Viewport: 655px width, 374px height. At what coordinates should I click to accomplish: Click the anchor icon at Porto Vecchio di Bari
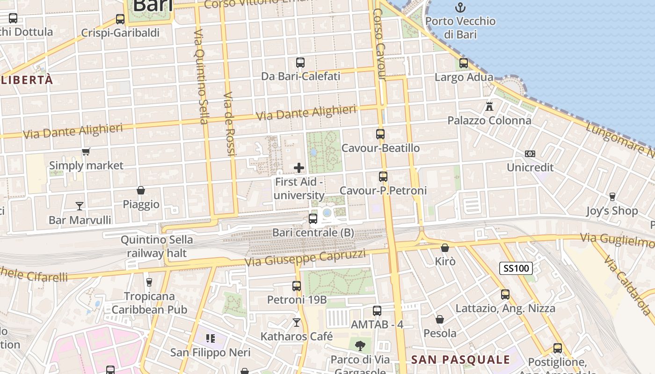[461, 7]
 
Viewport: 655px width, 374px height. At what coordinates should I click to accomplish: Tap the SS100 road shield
[516, 268]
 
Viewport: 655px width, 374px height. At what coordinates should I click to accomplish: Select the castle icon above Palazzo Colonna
[489, 106]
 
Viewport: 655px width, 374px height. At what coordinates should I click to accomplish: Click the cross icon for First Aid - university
[299, 168]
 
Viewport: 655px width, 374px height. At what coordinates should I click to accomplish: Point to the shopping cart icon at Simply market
[86, 151]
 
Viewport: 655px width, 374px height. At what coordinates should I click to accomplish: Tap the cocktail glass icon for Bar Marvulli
[80, 206]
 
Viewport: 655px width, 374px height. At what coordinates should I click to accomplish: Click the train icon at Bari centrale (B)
[313, 218]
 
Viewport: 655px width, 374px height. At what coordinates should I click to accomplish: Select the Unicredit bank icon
[530, 153]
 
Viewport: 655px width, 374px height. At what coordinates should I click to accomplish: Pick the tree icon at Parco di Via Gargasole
[360, 346]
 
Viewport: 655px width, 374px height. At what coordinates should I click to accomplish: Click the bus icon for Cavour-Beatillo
[380, 134]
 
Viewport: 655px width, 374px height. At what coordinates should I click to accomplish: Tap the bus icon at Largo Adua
[464, 63]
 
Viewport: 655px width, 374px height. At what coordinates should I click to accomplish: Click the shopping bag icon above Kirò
[445, 247]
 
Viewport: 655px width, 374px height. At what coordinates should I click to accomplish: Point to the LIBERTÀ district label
[27, 80]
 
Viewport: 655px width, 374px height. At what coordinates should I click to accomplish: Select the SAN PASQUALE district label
[460, 360]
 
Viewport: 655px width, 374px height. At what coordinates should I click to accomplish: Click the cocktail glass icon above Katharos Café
[296, 322]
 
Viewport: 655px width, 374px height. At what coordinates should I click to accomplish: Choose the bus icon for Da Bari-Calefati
[300, 62]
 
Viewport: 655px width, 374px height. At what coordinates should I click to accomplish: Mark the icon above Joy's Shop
[612, 197]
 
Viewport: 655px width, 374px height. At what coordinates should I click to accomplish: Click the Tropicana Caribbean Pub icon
[149, 282]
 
